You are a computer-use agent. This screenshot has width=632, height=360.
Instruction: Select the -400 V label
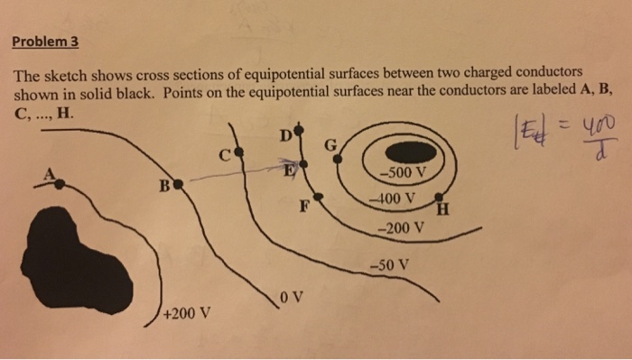393,198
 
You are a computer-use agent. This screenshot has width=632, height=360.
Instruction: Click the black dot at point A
60,183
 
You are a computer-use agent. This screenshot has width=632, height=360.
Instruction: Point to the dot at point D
296,138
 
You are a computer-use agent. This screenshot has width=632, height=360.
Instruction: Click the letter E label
291,169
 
